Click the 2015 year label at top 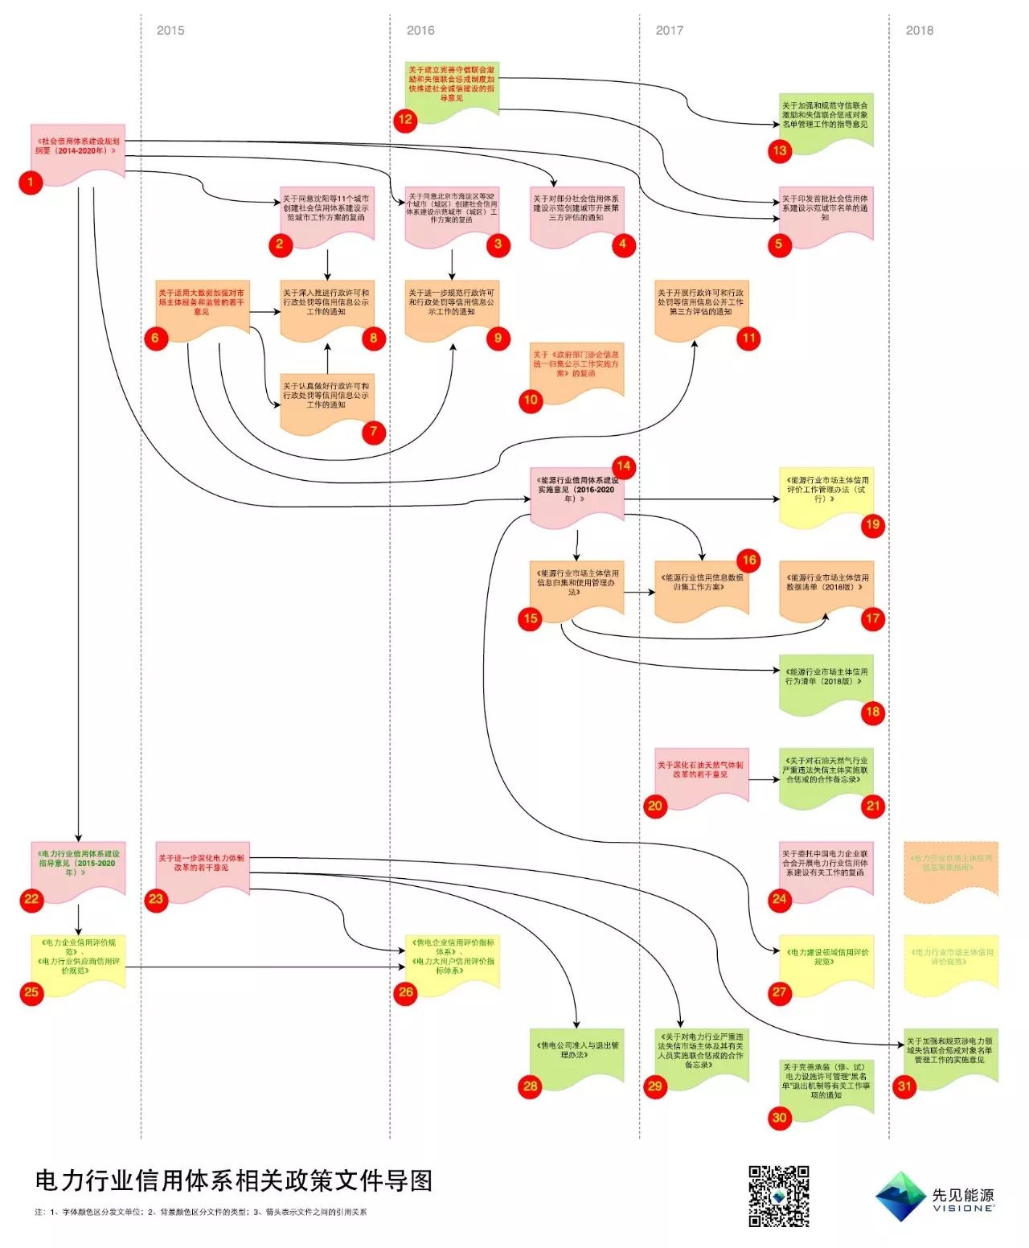coord(170,31)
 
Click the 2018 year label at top coord(919,31)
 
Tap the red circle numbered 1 coord(31,183)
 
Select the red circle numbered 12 coord(405,120)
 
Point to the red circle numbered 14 coord(624,466)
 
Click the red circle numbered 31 coord(905,1086)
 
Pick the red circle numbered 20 coord(655,806)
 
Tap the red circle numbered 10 coord(531,400)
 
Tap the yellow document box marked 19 coord(826,494)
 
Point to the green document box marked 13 coord(826,119)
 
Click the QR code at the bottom coord(779,1196)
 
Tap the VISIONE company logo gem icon coord(900,1197)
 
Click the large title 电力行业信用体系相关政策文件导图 coord(234,1180)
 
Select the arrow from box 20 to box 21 coord(764,779)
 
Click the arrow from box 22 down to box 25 coord(79,918)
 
